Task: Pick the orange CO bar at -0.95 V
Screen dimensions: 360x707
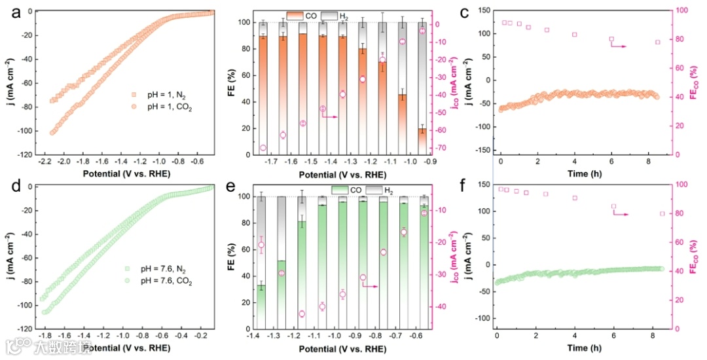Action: coord(422,141)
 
